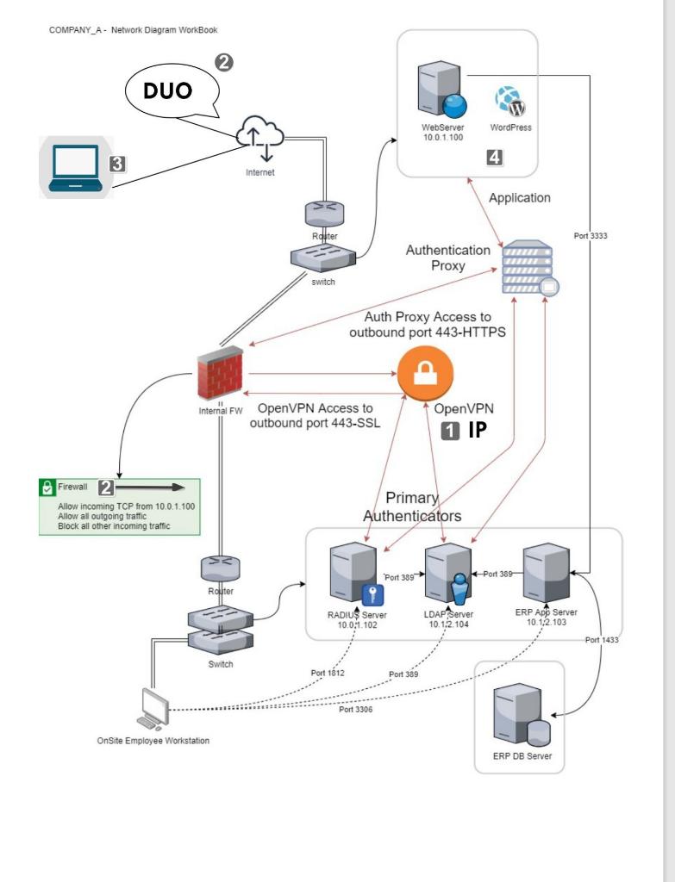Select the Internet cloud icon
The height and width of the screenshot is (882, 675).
(x=259, y=138)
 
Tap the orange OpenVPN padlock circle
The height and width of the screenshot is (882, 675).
(x=424, y=374)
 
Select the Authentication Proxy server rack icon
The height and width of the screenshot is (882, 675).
(x=528, y=269)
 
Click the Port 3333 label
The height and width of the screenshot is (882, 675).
(x=591, y=235)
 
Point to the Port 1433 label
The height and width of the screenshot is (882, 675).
(x=600, y=640)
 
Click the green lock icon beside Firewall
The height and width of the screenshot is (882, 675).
(x=48, y=488)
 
